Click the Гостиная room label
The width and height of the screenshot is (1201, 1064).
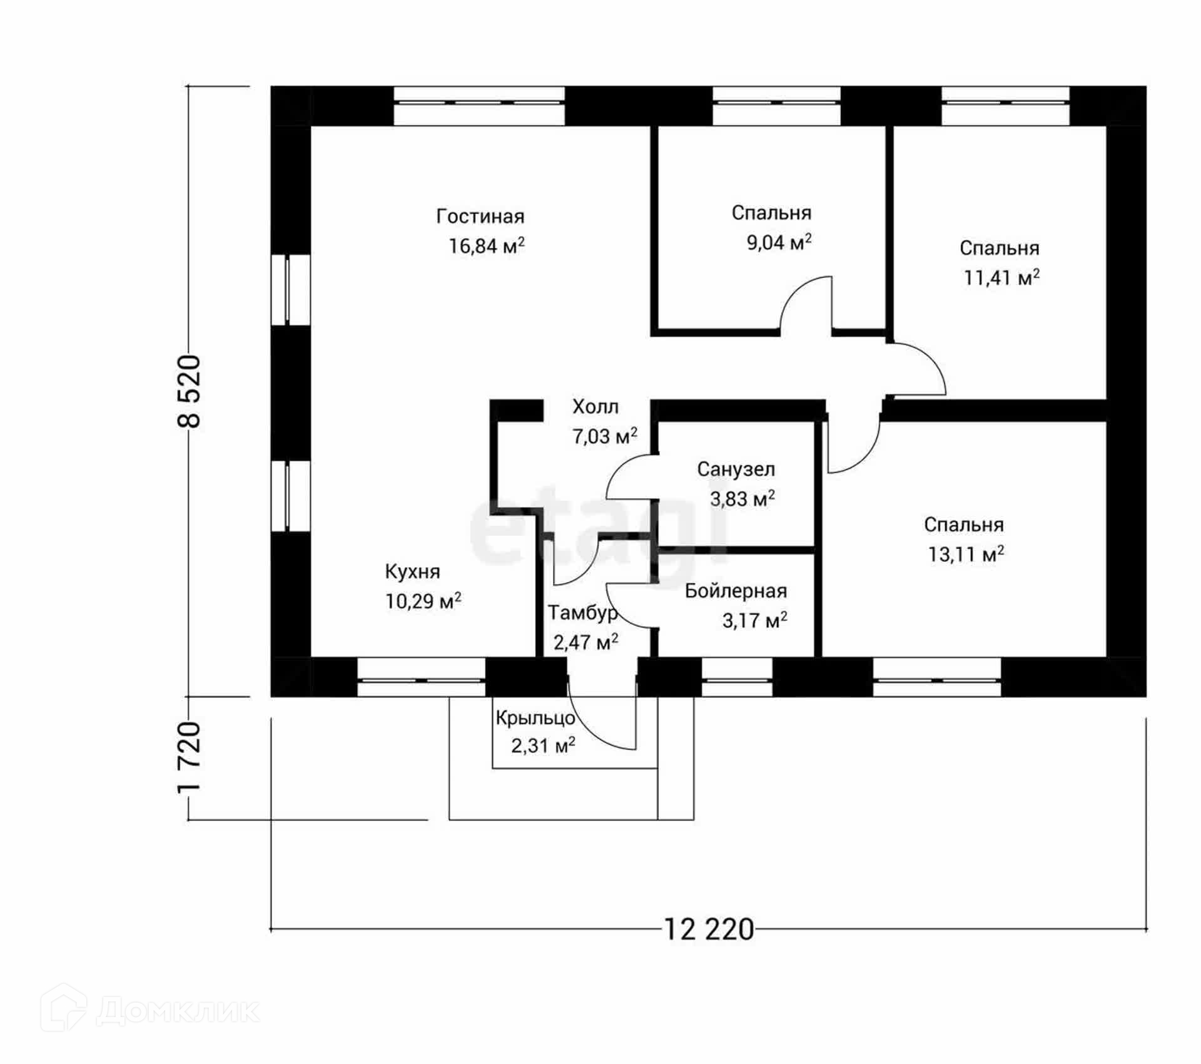pyautogui.click(x=480, y=217)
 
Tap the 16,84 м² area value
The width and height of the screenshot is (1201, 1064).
pyautogui.click(x=486, y=245)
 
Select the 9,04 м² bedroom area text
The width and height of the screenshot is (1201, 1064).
pyautogui.click(x=779, y=242)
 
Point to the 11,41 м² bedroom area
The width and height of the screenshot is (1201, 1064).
pyautogui.click(x=1001, y=277)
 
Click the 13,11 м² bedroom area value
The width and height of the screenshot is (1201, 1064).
pyautogui.click(x=965, y=554)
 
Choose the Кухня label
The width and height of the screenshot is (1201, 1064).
pyautogui.click(x=412, y=571)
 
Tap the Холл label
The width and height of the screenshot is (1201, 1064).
pyautogui.click(x=595, y=407)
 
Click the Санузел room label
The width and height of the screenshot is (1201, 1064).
pyautogui.click(x=736, y=469)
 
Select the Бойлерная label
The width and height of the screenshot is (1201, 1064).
pyautogui.click(x=736, y=591)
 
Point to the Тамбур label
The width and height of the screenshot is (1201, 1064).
pyautogui.click(x=582, y=613)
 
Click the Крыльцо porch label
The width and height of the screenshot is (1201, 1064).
pyautogui.click(x=535, y=718)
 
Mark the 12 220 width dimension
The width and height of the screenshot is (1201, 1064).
pyautogui.click(x=708, y=930)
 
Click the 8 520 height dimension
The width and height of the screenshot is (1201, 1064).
pyautogui.click(x=190, y=391)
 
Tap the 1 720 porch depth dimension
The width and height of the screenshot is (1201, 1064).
pyautogui.click(x=190, y=757)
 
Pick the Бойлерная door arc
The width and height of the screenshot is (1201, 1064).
pyautogui.click(x=629, y=605)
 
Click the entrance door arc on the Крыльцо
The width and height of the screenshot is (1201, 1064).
pyautogui.click(x=600, y=726)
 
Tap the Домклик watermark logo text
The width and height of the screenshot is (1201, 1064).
pyautogui.click(x=178, y=1010)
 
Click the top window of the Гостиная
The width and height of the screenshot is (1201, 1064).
pyautogui.click(x=479, y=105)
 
